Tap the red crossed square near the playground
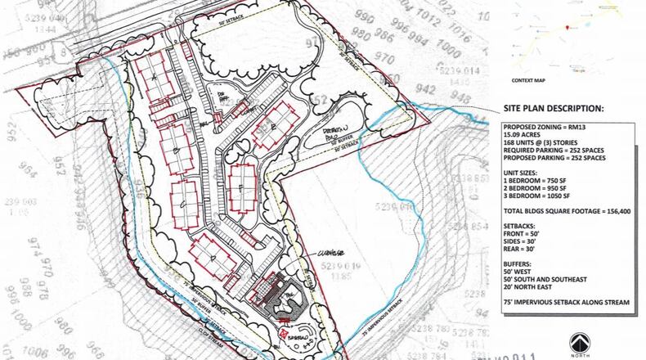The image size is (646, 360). (280, 335)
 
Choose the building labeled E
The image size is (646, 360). (273, 128)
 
